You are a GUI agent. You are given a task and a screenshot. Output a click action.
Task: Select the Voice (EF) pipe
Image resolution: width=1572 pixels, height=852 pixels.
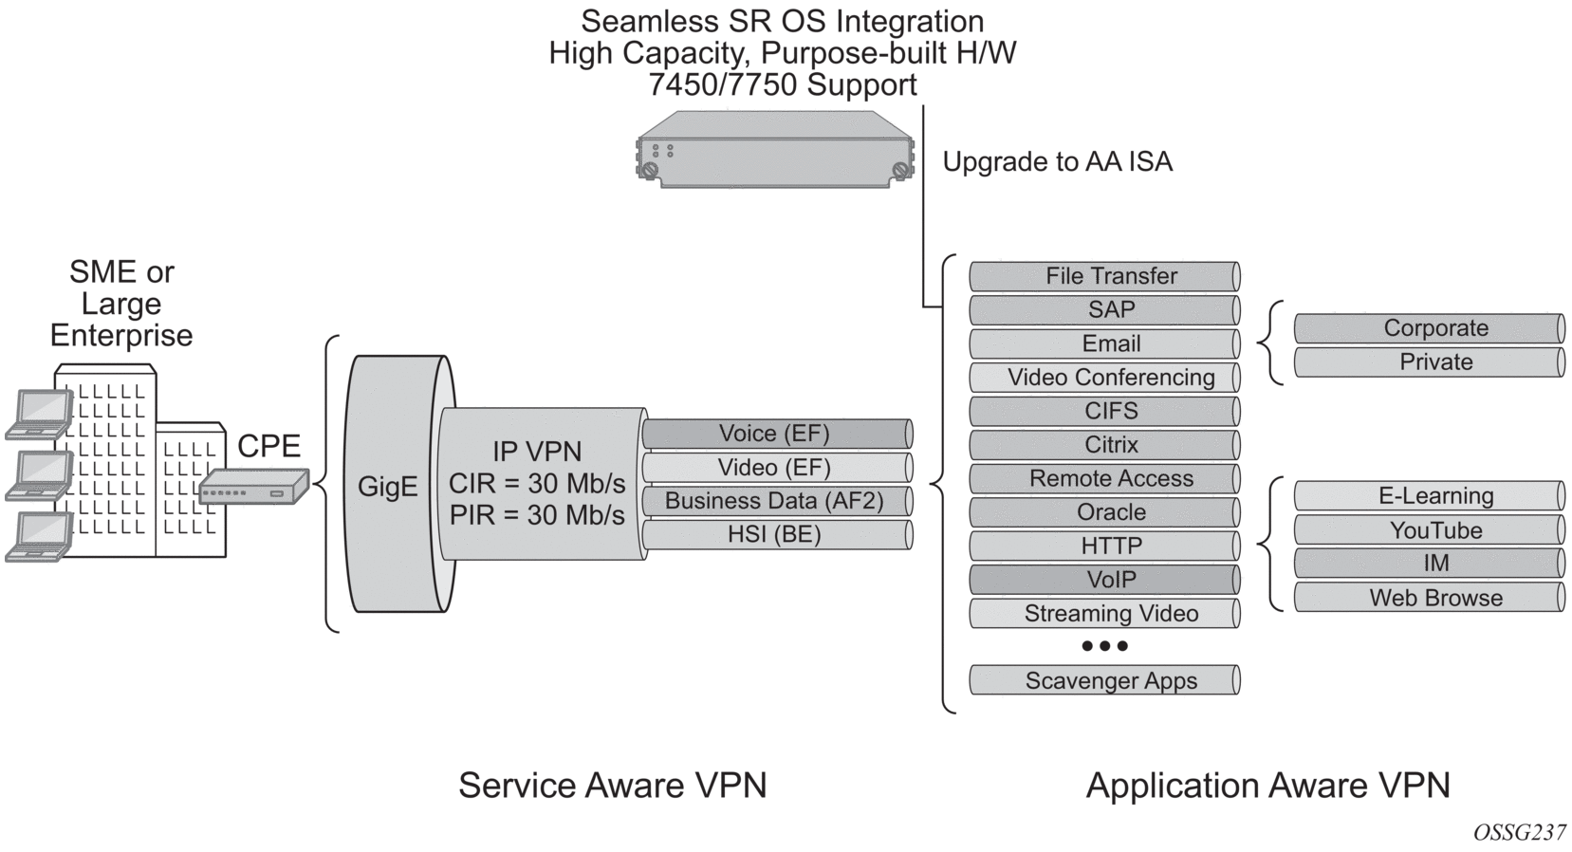(776, 434)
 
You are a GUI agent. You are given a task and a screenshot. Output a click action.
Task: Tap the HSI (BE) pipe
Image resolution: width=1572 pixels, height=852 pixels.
(776, 535)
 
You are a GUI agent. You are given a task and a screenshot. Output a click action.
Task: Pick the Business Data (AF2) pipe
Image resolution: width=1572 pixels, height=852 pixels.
(776, 501)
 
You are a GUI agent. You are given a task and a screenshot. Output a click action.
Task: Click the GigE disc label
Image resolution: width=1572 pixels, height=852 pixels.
(387, 487)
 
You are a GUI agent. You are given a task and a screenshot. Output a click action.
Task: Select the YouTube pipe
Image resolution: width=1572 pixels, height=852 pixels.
(1430, 530)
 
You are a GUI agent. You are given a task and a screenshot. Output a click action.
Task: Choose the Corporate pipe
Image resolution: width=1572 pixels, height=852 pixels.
(1430, 328)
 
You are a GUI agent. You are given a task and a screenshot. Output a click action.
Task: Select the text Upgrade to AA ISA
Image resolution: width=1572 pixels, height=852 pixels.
(1057, 162)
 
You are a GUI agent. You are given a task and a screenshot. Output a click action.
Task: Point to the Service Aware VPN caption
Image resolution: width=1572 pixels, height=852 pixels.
(612, 786)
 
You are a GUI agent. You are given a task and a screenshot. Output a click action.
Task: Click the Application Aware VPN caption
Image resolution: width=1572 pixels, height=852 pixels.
(1267, 786)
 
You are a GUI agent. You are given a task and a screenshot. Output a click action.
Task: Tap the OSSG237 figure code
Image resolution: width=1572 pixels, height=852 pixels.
(1519, 833)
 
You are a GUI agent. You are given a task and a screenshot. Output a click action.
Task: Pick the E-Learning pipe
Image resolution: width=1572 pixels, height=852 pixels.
(1430, 496)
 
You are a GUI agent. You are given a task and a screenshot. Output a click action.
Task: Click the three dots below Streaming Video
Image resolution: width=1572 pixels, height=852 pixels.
(1104, 646)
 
